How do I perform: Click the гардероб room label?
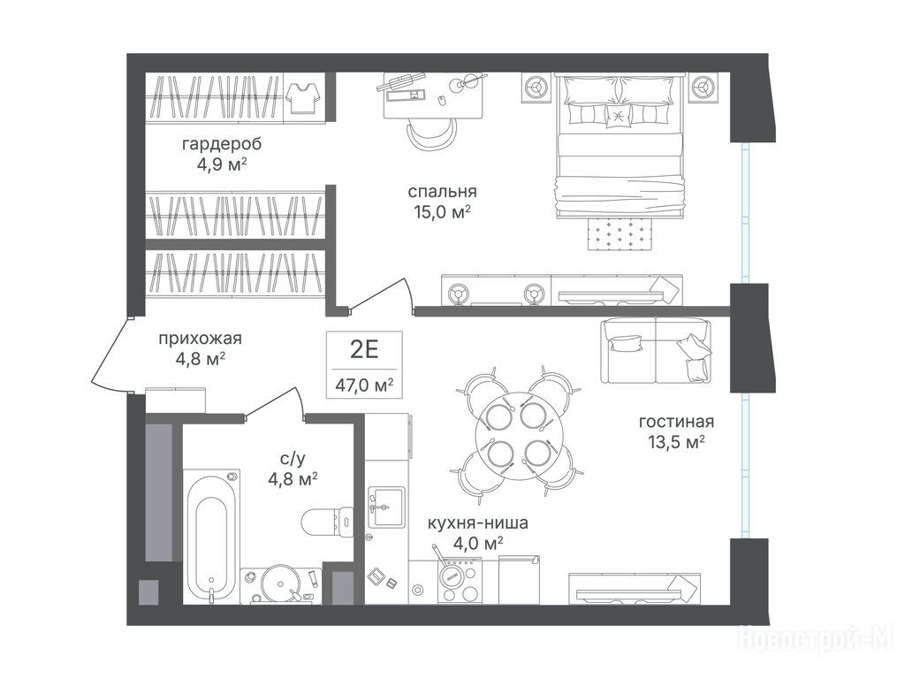point(222,143)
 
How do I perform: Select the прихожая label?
point(201,339)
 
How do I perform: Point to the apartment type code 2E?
point(364,349)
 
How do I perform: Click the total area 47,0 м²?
point(365,385)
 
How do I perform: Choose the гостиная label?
point(676,422)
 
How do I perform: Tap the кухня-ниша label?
point(478,523)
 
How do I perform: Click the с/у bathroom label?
point(293,459)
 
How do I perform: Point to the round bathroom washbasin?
point(280,584)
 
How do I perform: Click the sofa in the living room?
point(657,350)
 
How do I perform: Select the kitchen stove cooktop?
point(460,583)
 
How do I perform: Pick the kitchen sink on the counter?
point(387,507)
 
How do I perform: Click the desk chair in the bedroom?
point(431,134)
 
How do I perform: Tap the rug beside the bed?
point(620,233)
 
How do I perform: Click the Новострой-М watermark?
point(816,641)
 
